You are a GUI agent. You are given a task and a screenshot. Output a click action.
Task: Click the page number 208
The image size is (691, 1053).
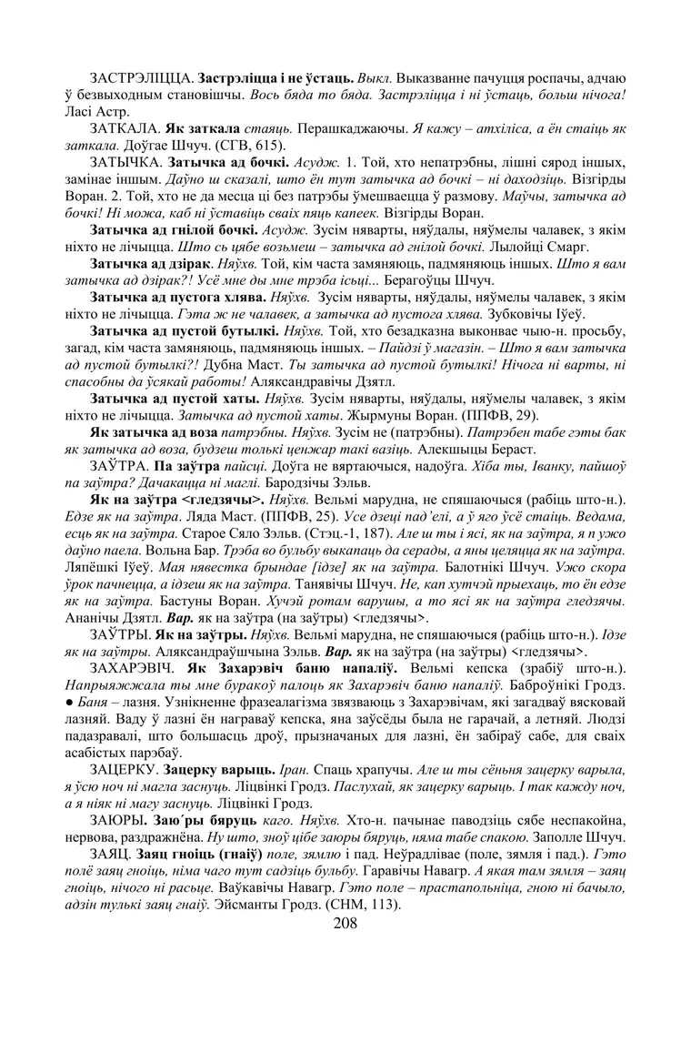345,924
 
